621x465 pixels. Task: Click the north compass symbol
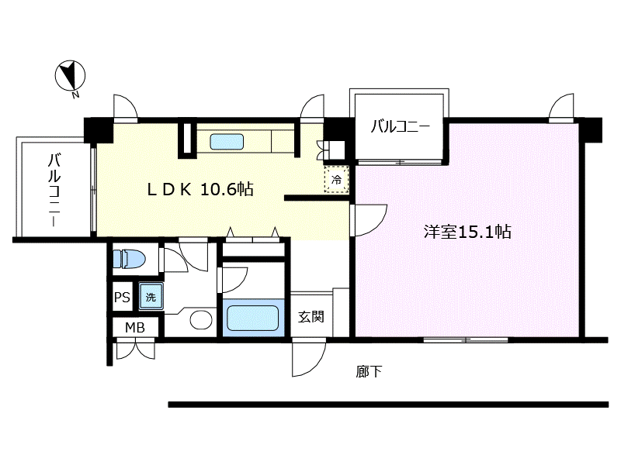tap(71, 76)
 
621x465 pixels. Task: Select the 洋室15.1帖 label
tap(467, 231)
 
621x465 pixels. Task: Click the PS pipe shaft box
tap(122, 297)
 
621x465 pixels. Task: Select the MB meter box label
tap(135, 328)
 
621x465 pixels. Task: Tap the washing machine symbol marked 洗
tap(150, 296)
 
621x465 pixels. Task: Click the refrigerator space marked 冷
tap(336, 180)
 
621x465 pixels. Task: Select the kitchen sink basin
tap(227, 142)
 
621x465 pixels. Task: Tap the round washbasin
tap(202, 321)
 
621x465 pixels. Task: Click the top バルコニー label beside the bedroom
tap(399, 126)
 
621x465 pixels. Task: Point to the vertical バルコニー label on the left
tap(54, 189)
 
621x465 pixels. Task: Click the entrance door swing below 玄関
tap(309, 356)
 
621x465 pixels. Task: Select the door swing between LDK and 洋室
tap(369, 219)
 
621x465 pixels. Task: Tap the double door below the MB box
tap(134, 350)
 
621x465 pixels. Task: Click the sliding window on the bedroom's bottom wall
tap(466, 339)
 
